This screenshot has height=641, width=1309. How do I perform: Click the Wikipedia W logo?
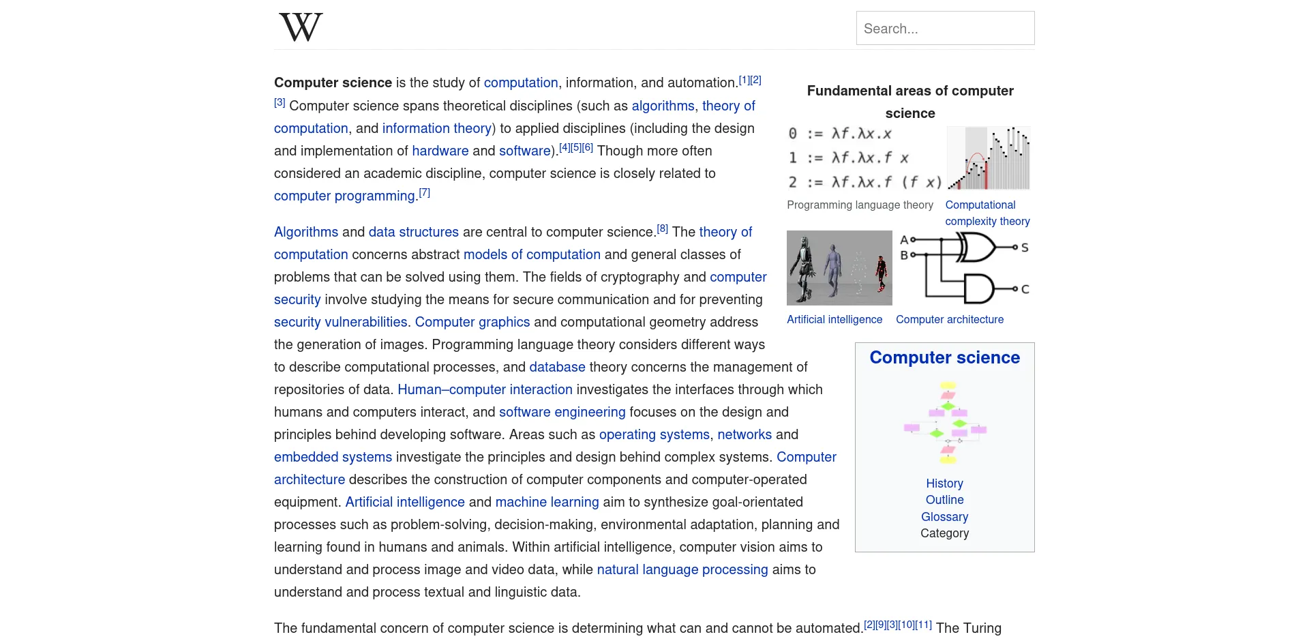tap(301, 27)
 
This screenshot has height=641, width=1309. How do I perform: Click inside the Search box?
tap(945, 29)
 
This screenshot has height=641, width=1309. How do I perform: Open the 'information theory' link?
tap(436, 128)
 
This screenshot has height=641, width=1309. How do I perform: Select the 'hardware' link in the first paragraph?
tap(440, 151)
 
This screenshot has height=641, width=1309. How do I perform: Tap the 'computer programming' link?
tap(344, 196)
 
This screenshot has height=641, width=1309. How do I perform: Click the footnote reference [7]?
tap(424, 193)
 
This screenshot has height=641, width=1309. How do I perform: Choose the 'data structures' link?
tap(414, 232)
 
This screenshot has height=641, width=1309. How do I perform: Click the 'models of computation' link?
tap(532, 254)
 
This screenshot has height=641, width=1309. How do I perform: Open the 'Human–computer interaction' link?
tap(485, 389)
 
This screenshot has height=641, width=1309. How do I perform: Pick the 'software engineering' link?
tap(562, 412)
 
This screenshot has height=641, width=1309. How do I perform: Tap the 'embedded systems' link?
tap(333, 457)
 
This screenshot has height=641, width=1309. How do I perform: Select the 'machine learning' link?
tap(547, 502)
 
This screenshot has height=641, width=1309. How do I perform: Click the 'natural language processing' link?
tap(682, 569)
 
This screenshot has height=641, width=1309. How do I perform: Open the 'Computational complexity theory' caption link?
tap(987, 213)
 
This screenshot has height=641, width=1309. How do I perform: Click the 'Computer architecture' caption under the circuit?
tap(949, 319)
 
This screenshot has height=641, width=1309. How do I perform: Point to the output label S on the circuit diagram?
tap(1025, 248)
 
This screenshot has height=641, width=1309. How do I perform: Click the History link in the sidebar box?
tap(944, 483)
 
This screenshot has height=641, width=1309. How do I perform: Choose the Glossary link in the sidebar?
tap(944, 517)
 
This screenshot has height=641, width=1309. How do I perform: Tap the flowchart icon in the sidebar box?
tap(945, 423)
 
